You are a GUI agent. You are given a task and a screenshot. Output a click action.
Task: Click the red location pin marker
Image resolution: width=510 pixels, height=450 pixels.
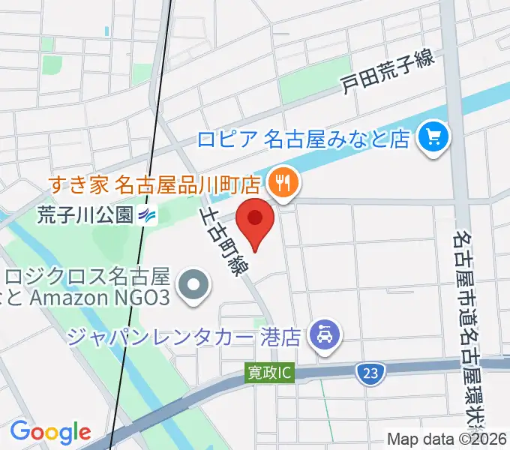point(255,222)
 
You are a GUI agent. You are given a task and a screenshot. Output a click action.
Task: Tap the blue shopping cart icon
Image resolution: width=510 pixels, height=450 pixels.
point(433,136)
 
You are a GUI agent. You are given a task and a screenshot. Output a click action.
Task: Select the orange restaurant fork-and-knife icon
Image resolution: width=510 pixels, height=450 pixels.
point(283,181)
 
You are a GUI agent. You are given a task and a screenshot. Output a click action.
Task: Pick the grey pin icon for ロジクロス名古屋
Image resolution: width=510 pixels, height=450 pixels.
point(194,285)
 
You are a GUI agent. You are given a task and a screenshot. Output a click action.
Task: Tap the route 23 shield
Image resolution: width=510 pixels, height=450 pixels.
point(370,371)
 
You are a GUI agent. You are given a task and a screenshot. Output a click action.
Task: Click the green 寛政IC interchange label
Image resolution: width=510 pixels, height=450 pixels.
point(271,371)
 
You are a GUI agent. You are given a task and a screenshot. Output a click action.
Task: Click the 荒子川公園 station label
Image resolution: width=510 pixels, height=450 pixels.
point(84,215)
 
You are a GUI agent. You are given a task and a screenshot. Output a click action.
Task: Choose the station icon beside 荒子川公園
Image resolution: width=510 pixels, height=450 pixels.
point(148,216)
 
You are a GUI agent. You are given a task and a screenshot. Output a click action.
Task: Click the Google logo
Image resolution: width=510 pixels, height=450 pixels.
point(50,432)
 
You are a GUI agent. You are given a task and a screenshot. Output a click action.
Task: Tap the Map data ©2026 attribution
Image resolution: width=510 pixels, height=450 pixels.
point(447,439)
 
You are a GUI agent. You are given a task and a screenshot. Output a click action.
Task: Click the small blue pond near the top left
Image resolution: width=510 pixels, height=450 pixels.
point(108,32)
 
